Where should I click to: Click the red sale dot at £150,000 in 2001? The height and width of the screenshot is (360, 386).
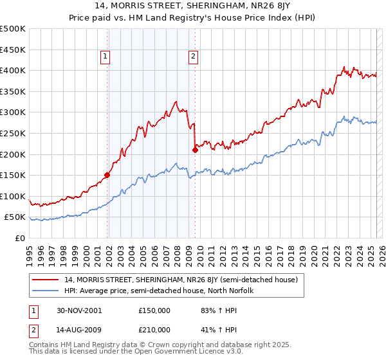tap(107, 175)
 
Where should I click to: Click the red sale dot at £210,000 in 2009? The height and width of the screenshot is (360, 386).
tap(195, 150)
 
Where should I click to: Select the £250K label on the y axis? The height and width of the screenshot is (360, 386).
tap(14, 133)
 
